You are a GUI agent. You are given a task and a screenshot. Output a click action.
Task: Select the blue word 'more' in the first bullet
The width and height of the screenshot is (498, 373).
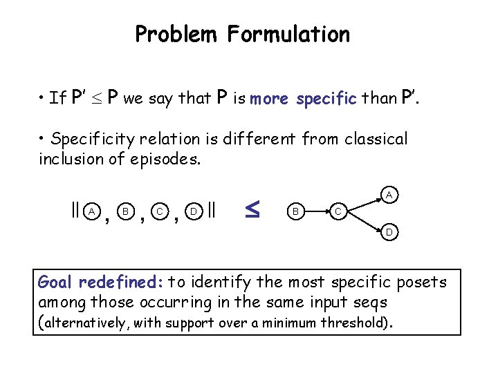pyautogui.click(x=269, y=99)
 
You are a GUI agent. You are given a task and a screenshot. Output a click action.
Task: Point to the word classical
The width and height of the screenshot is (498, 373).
pyautogui.click(x=373, y=139)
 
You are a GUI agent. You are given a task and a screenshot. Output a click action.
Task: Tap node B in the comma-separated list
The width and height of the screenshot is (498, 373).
pyautogui.click(x=126, y=210)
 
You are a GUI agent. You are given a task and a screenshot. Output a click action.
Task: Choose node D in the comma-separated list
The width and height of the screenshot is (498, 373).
pyautogui.click(x=195, y=210)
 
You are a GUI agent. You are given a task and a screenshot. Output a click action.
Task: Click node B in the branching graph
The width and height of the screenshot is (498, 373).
pyautogui.click(x=295, y=210)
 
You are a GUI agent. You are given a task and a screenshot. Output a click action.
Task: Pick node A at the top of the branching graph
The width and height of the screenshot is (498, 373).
pyautogui.click(x=389, y=196)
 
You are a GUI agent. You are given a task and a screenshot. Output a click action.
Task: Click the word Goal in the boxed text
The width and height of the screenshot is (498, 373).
pyautogui.click(x=55, y=282)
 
